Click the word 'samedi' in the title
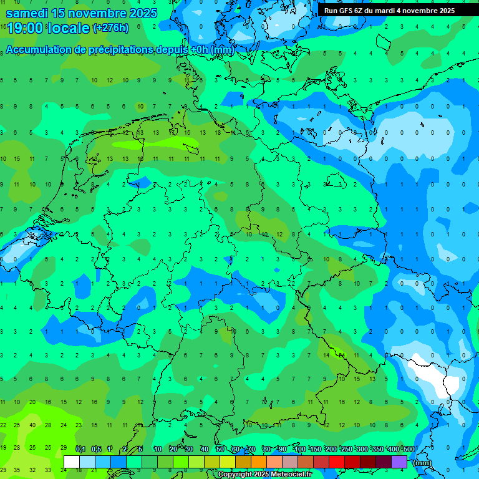click(27, 13)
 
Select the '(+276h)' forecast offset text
click(110, 28)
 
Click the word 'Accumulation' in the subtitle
click(38, 50)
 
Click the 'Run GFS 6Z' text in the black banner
click(343, 11)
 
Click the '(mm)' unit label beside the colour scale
click(422, 462)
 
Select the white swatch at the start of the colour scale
click(72, 462)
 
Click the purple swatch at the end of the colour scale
click(399, 462)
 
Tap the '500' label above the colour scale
click(409, 449)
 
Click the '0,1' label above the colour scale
click(80, 449)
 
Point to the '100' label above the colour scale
click(299, 449)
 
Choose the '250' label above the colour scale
click(346, 449)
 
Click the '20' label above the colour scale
click(173, 449)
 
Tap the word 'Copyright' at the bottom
click(234, 475)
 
